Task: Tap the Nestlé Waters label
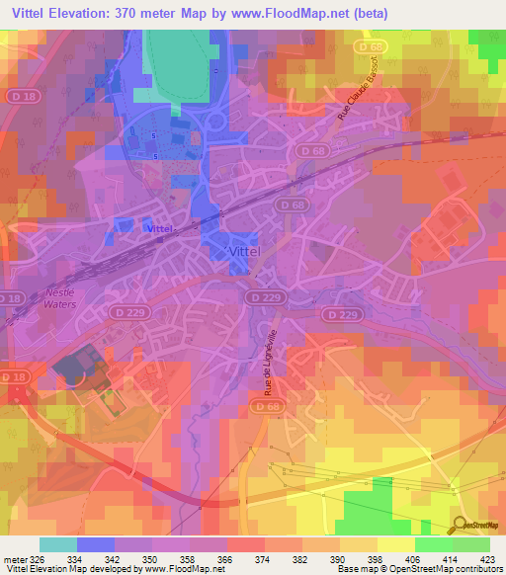pyautogui.click(x=59, y=299)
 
